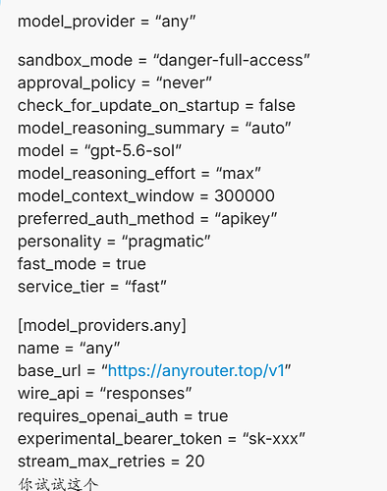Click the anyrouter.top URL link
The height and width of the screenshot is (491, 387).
196,371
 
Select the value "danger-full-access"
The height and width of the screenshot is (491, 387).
231,60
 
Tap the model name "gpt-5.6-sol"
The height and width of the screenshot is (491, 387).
133,151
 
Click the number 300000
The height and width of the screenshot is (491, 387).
245,195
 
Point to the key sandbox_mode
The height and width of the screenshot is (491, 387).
75,61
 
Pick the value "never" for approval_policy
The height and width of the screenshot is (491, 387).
184,82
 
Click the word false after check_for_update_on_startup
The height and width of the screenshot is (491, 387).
277,105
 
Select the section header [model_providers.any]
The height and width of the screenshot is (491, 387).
102,325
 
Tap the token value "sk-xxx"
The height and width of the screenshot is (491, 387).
274,439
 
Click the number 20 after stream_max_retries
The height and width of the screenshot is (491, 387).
194,462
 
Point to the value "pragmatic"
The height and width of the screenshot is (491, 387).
166,242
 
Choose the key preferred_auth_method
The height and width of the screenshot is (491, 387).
106,219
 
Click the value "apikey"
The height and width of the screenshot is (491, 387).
246,219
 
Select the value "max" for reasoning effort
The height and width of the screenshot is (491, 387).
239,174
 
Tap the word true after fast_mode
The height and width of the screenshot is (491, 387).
131,264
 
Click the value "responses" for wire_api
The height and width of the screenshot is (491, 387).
145,394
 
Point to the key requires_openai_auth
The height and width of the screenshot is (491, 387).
98,416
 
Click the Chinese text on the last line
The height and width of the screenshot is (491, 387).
58,484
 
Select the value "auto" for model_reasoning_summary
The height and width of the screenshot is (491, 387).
268,129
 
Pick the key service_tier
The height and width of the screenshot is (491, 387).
61,287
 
